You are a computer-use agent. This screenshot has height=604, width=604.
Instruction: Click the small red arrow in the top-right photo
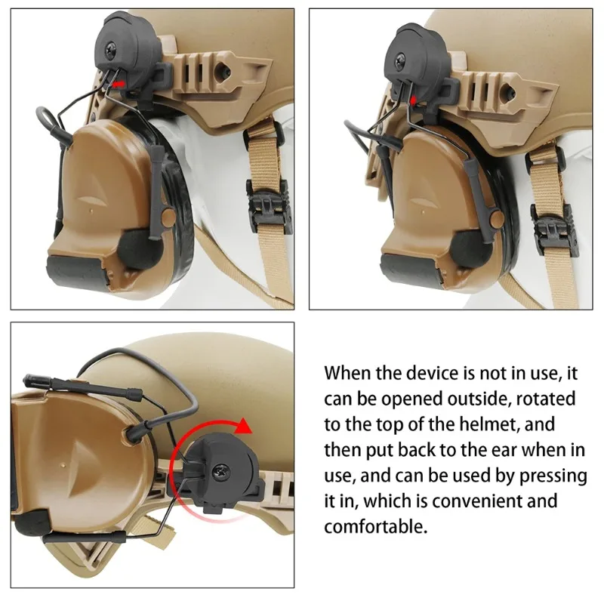(413, 100)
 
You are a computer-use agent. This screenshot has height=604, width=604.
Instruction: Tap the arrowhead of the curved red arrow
(243, 425)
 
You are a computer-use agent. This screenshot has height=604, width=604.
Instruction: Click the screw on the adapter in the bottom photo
(222, 471)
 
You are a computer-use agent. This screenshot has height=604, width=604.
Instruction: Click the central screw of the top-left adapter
(112, 48)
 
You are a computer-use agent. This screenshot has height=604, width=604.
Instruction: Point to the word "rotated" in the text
(546, 399)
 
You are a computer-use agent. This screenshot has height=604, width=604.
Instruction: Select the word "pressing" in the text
(553, 476)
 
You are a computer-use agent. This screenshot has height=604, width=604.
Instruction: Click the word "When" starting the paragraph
(347, 373)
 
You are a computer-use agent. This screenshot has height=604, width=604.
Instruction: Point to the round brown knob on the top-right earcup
(497, 218)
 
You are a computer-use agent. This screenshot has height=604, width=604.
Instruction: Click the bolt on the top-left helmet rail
(222, 69)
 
